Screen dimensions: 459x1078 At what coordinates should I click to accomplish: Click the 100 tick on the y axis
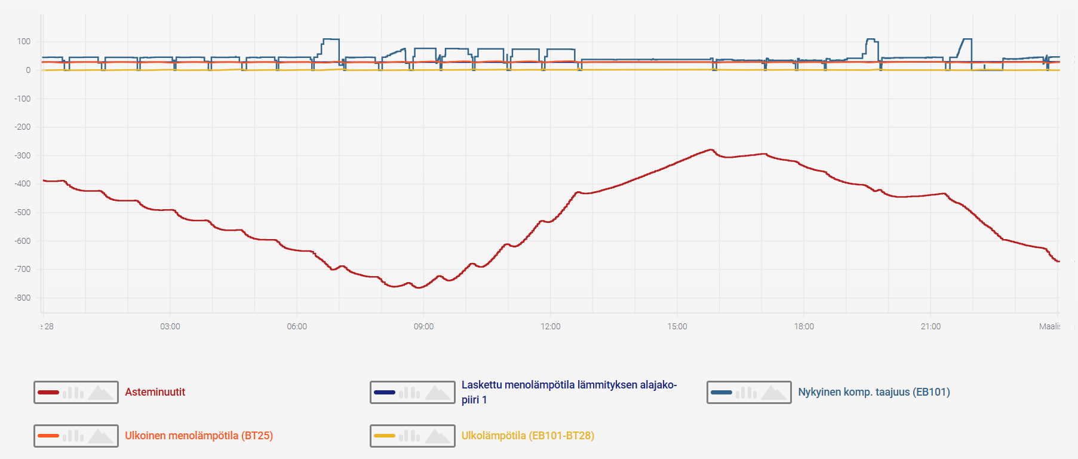(x=24, y=41)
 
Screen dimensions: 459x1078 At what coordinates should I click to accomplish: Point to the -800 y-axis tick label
(x=23, y=298)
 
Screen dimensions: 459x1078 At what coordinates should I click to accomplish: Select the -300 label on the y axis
(x=23, y=155)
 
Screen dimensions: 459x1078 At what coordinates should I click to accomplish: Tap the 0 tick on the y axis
(x=28, y=70)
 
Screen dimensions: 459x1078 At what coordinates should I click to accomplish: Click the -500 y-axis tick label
(x=23, y=212)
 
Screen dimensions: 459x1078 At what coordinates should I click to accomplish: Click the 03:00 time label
(x=170, y=326)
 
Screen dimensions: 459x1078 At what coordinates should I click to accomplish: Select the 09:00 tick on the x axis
(x=423, y=326)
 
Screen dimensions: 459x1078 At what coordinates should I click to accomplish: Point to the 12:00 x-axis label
(x=551, y=326)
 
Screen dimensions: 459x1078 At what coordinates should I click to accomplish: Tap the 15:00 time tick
(x=677, y=326)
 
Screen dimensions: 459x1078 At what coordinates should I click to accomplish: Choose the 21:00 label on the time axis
(x=930, y=326)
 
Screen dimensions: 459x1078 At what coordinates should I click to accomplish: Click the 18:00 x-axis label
(x=804, y=326)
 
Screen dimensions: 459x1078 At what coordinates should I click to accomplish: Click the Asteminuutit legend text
(x=155, y=392)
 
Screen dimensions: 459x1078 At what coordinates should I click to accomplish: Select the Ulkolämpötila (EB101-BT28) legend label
(x=527, y=436)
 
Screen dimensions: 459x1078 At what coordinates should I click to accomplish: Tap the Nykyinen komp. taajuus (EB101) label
(x=874, y=392)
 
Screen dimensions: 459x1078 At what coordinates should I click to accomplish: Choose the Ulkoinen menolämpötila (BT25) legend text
(x=199, y=436)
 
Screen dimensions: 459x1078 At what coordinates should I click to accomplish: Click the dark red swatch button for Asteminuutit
(x=76, y=392)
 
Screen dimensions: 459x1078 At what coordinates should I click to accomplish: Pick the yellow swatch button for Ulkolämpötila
(x=412, y=436)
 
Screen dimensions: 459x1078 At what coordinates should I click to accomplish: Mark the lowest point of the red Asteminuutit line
(x=419, y=287)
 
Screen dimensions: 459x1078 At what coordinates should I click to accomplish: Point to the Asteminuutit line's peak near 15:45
(x=711, y=149)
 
